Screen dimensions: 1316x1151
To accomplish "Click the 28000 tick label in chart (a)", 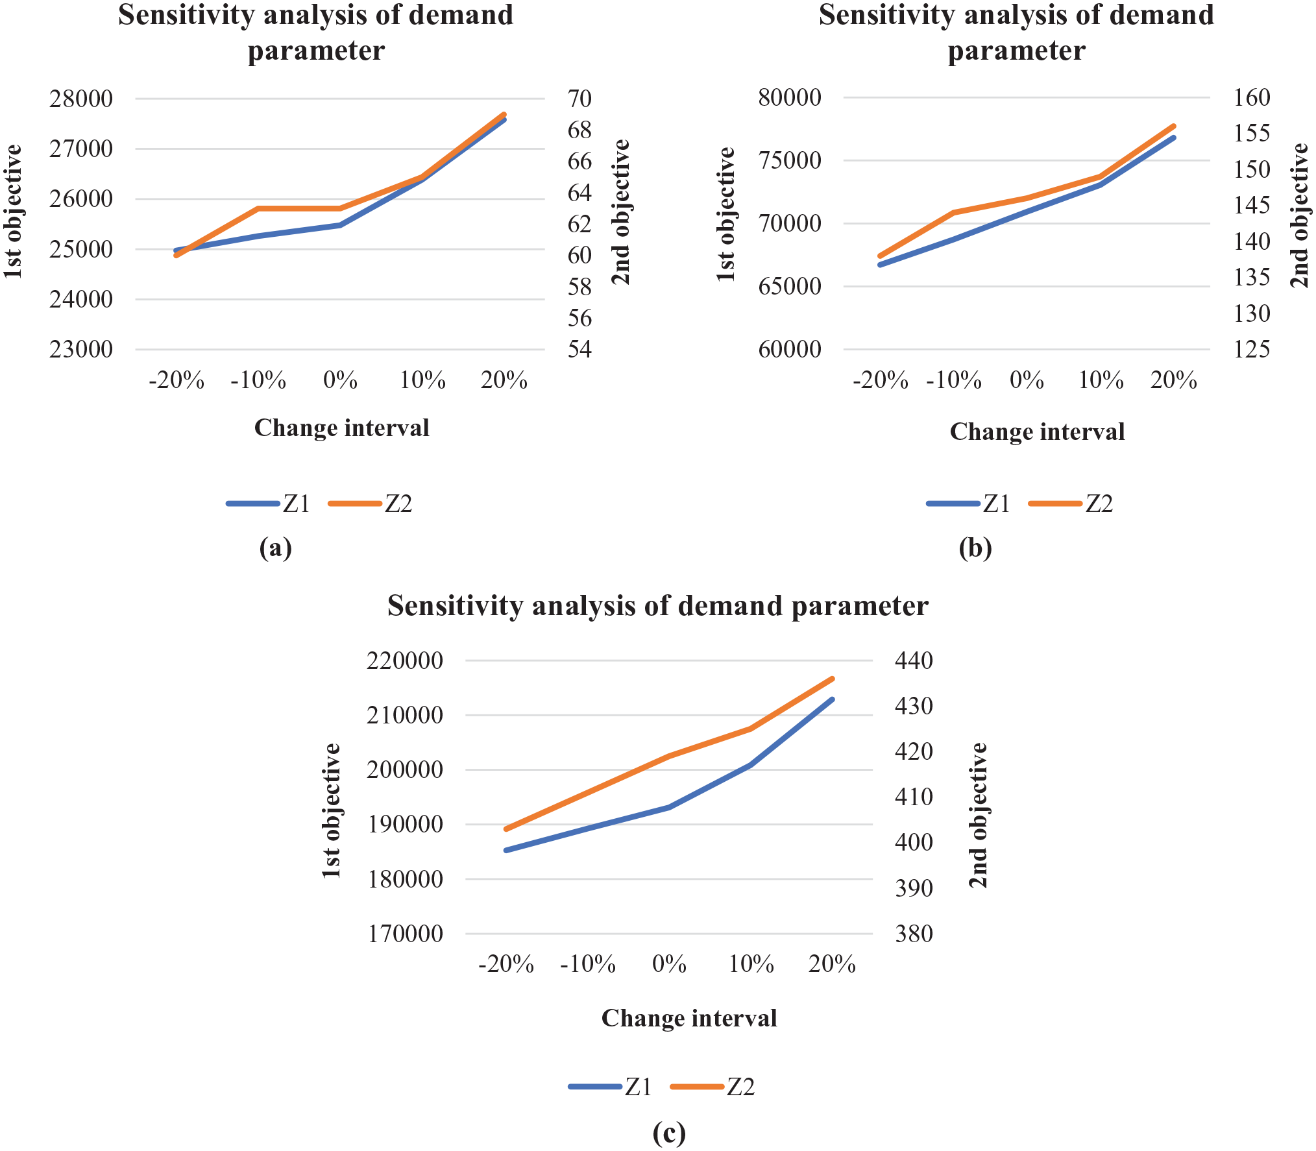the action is (81, 99).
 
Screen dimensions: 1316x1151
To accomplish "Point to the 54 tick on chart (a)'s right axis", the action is (579, 350).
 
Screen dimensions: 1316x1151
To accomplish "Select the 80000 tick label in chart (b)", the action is (790, 98).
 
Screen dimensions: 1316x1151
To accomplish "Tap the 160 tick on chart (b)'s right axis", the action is (1252, 98).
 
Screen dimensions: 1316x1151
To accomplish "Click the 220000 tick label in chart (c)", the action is (405, 661).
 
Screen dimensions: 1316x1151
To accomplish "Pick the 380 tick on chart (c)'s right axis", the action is (914, 934).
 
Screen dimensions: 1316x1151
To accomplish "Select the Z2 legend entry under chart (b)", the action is (1071, 503).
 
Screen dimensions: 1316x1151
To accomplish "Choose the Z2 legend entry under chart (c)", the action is (713, 1087).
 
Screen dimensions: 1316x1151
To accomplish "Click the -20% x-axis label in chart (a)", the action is (177, 380).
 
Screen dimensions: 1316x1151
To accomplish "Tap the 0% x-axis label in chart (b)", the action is (1027, 380).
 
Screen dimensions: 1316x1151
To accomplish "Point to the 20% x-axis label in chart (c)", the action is (832, 965).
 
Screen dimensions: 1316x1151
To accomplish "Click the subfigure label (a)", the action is (275, 549).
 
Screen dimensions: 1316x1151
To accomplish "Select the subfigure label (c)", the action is (669, 1133).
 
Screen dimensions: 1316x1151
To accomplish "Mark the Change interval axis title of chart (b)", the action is (1037, 432).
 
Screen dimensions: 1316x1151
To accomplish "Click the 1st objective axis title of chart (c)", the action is (332, 811).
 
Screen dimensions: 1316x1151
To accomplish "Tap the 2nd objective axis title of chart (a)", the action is (621, 212).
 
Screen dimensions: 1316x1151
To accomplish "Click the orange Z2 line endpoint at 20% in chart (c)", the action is (833, 679).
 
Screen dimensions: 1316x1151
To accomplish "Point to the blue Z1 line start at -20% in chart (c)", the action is (506, 850).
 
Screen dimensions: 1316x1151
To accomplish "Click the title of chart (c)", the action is (658, 606).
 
